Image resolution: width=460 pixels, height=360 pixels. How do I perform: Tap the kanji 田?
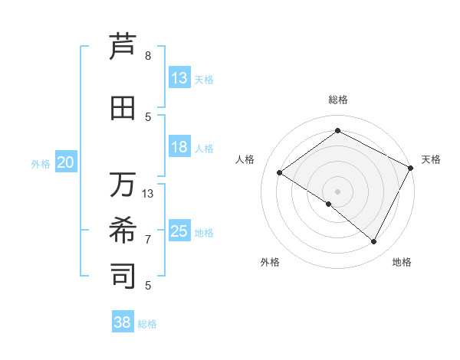(123, 109)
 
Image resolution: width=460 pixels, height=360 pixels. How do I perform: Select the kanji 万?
(123, 185)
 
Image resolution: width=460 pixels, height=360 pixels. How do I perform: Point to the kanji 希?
(123, 230)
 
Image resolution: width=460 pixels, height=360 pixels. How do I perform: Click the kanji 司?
(123, 275)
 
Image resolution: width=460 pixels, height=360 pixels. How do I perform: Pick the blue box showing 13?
(179, 78)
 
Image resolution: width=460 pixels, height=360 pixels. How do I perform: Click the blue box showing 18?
(179, 147)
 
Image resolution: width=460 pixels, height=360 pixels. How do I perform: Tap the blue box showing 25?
(179, 231)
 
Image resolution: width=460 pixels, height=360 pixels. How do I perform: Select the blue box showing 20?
(66, 162)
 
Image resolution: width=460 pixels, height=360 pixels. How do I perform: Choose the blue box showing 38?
(123, 322)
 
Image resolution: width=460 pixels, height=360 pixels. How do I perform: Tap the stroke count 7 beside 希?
(148, 239)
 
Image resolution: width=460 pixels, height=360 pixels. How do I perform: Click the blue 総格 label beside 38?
(147, 324)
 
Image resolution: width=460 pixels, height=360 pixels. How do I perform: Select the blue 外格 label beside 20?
(41, 163)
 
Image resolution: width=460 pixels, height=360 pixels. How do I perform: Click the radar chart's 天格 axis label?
(431, 159)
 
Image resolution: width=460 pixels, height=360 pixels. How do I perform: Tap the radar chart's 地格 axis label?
(402, 262)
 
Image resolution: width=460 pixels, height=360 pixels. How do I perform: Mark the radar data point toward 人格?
(280, 173)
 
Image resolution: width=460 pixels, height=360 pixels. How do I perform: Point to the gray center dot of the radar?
(337, 191)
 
